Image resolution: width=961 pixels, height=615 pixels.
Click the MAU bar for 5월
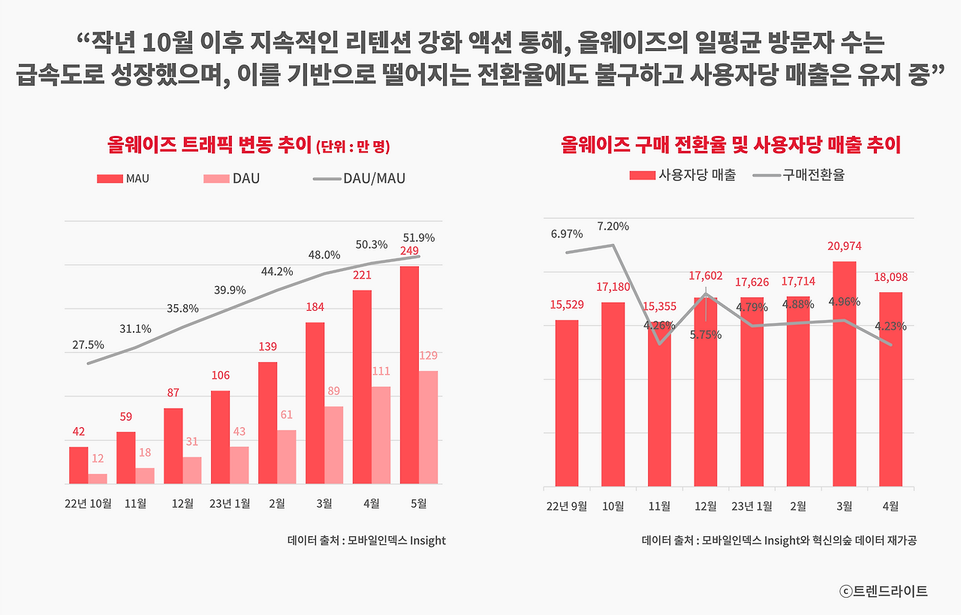pos(409,375)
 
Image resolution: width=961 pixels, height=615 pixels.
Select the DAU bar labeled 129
pos(429,427)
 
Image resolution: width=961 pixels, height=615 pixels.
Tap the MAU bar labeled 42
pos(79,466)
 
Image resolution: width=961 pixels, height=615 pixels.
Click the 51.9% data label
pos(419,237)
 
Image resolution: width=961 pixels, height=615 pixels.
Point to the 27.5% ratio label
pos(89,345)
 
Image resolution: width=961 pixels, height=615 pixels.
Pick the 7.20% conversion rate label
pos(613,226)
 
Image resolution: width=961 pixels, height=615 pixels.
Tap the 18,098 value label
pos(890,277)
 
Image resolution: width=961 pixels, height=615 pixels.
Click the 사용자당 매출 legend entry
pos(682,175)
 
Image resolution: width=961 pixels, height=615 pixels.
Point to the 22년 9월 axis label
pos(567,506)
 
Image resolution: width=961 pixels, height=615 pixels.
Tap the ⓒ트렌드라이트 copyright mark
pos(883,591)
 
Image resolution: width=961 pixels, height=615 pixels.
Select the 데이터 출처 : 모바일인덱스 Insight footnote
pos(366,541)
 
